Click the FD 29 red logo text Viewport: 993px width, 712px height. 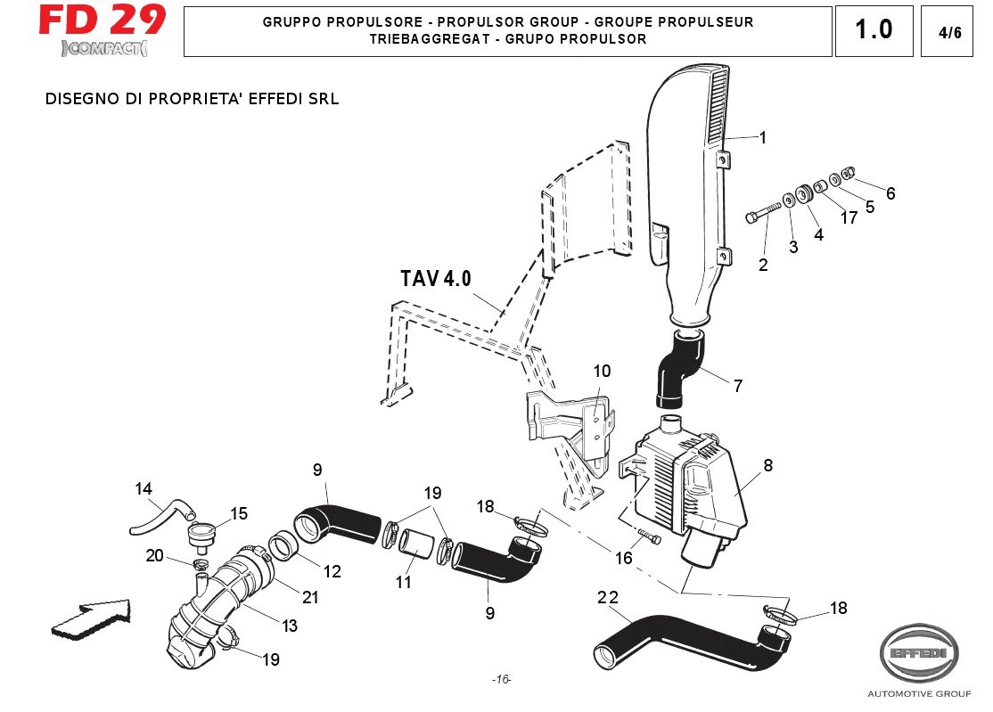click(102, 20)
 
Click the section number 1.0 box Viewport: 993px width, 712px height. click(873, 30)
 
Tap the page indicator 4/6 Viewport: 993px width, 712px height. click(950, 33)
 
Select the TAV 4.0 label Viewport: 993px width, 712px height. click(435, 278)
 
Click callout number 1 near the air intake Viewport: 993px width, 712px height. click(763, 137)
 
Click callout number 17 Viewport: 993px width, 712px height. click(849, 217)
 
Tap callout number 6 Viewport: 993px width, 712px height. click(890, 193)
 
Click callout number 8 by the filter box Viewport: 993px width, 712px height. click(767, 464)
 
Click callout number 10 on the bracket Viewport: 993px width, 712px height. click(602, 370)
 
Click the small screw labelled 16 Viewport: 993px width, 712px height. click(650, 536)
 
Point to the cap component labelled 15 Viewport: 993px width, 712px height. click(203, 537)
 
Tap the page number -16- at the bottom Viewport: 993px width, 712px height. click(501, 679)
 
